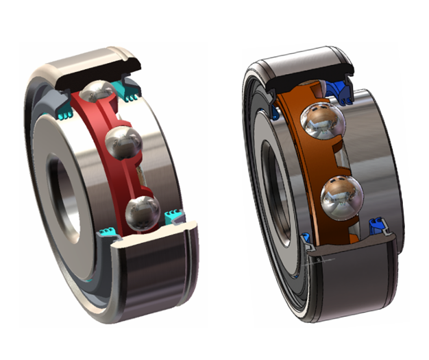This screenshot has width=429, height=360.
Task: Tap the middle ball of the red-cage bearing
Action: coord(125,143)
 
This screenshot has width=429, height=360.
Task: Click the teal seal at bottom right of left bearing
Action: coord(174,217)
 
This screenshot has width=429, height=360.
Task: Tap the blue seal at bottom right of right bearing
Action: coord(375,224)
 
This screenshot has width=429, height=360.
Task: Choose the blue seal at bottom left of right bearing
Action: coord(307,240)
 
